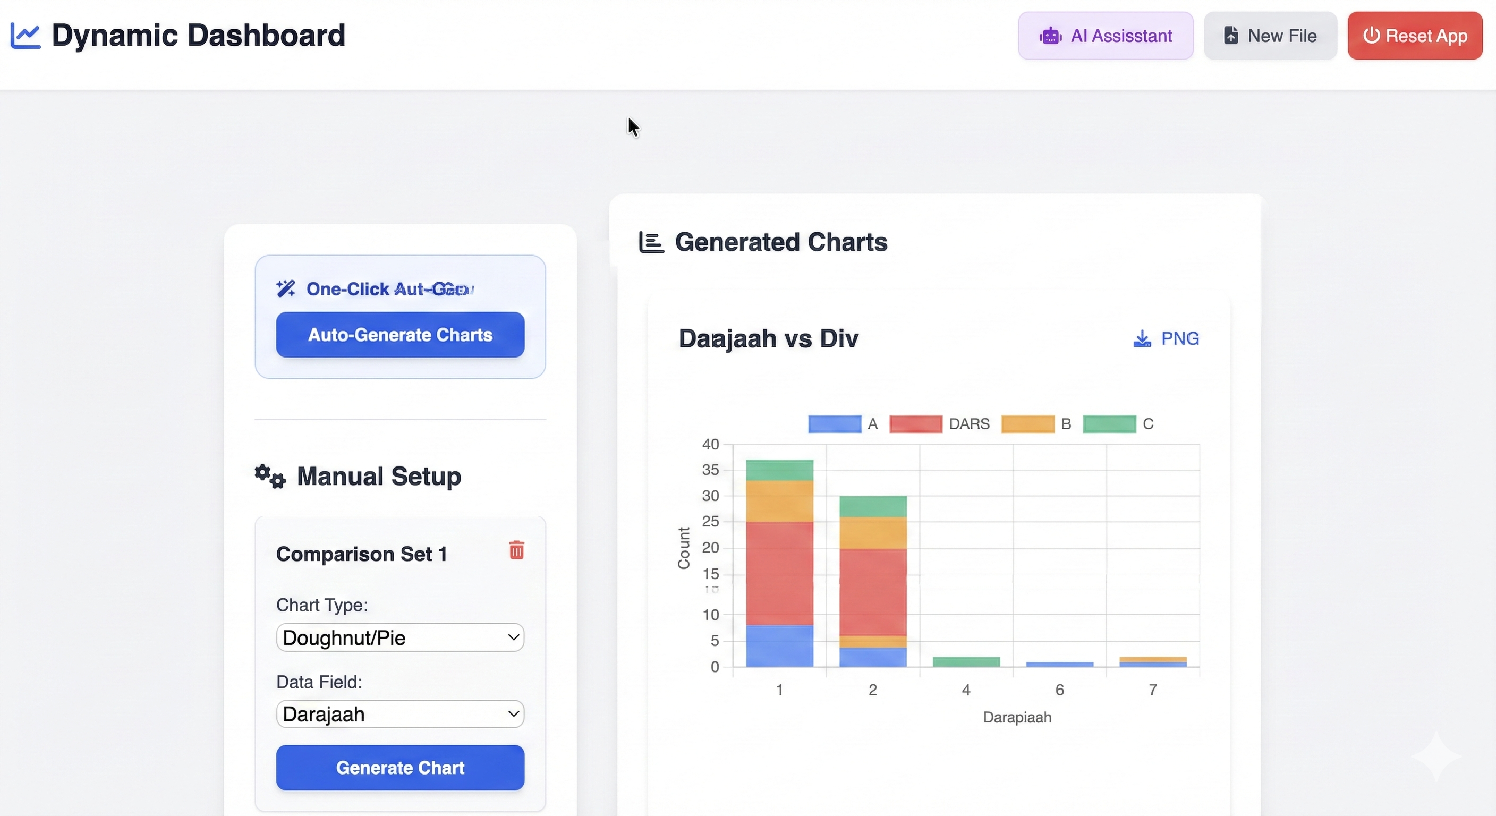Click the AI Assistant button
[x=1105, y=36]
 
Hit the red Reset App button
[x=1415, y=36]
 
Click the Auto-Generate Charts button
[x=400, y=335]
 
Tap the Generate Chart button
[x=400, y=767]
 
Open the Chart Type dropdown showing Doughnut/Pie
[x=400, y=637]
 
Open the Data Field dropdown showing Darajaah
[x=400, y=714]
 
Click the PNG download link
[x=1166, y=338]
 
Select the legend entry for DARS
[x=940, y=424]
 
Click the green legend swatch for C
[x=1109, y=424]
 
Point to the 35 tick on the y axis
[x=710, y=469]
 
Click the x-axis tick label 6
[x=1059, y=690]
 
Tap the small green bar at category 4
[x=966, y=661]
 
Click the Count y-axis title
[x=684, y=548]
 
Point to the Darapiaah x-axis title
[x=1017, y=717]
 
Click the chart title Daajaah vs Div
[x=768, y=338]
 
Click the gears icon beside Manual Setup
[x=270, y=476]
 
